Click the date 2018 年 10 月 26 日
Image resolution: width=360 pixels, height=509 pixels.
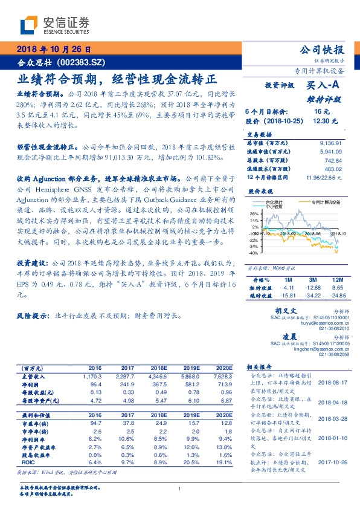53,49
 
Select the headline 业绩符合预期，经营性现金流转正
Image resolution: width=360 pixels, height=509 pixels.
117,79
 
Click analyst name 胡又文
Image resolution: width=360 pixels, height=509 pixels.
276,309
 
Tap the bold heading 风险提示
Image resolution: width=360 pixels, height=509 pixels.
32,315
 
